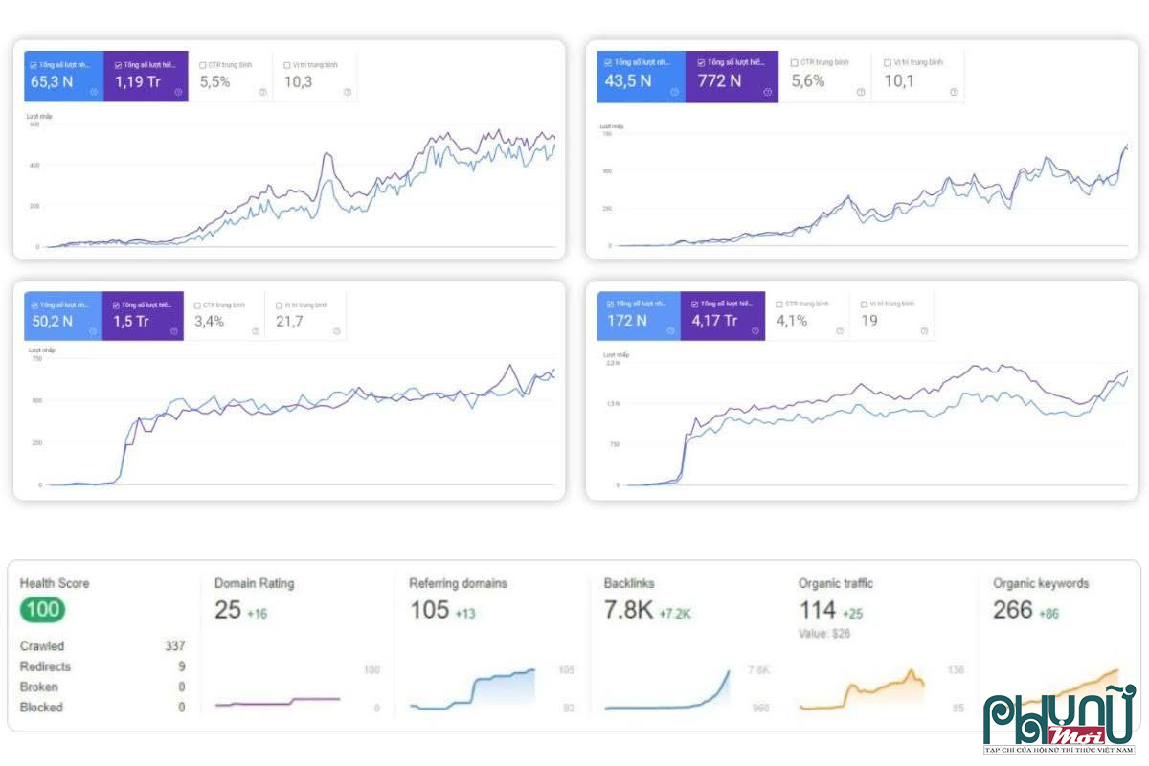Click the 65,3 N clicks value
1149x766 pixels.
[x=52, y=82]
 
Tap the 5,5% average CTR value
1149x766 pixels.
[x=214, y=82]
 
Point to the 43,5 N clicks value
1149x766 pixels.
[x=627, y=81]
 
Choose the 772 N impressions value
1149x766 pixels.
[x=719, y=81]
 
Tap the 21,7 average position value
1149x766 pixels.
[x=289, y=322]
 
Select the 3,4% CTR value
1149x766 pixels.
[x=209, y=322]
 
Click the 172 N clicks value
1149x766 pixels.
[x=626, y=321]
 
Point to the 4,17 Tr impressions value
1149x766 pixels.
[x=714, y=321]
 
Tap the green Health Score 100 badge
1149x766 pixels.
[x=42, y=610]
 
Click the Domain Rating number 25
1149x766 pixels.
[x=228, y=610]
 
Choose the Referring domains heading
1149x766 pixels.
[x=458, y=583]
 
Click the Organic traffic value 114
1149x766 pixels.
[x=818, y=610]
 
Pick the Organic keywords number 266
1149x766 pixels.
[x=1012, y=610]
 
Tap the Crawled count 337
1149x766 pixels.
[x=174, y=646]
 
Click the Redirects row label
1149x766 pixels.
[x=45, y=666]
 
